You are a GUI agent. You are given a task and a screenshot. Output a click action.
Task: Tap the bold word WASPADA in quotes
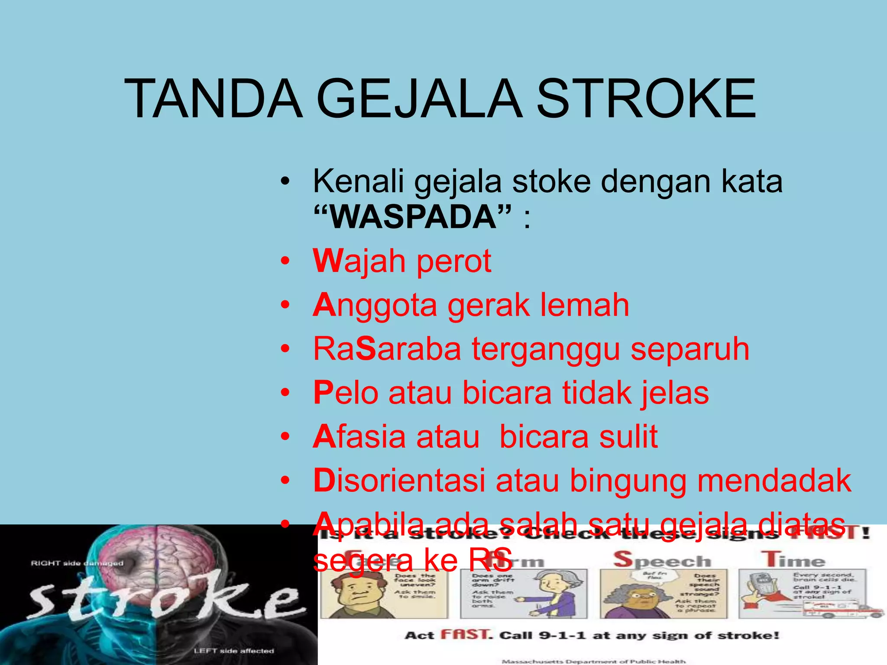pyautogui.click(x=413, y=216)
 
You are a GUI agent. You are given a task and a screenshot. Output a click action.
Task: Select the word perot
pyautogui.click(x=453, y=261)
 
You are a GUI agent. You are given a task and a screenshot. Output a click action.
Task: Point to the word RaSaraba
pyautogui.click(x=387, y=349)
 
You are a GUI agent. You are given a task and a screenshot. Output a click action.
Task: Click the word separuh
pyautogui.click(x=690, y=349)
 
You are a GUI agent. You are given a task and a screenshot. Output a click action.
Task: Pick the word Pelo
pyautogui.click(x=346, y=393)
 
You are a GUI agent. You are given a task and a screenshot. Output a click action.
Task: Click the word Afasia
pyautogui.click(x=359, y=436)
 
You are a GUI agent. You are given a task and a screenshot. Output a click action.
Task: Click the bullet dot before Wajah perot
pyautogui.click(x=285, y=261)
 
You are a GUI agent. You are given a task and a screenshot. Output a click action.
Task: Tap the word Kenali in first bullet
pyautogui.click(x=358, y=181)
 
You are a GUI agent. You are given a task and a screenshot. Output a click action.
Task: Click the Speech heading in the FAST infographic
pyautogui.click(x=662, y=560)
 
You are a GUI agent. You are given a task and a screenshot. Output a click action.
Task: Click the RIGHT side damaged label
pyautogui.click(x=77, y=563)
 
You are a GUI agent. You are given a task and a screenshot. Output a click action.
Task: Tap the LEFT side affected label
pyautogui.click(x=233, y=651)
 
